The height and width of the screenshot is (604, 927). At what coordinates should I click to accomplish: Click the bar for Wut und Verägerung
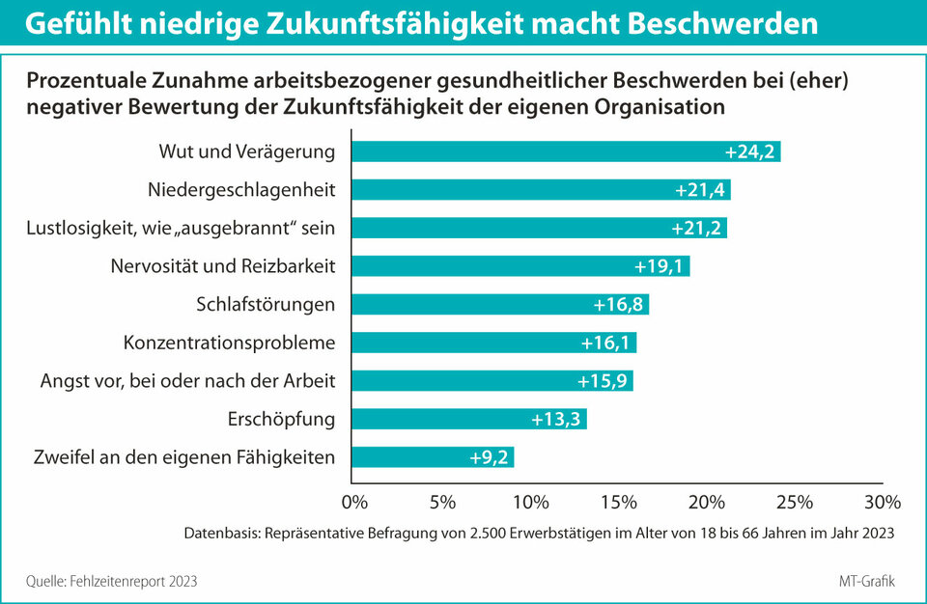point(565,151)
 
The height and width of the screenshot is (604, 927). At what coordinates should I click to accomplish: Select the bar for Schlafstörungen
point(499,304)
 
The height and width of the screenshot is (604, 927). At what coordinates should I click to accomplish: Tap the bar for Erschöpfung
point(468,419)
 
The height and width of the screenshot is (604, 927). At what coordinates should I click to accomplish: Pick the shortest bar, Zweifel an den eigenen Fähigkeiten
point(432,457)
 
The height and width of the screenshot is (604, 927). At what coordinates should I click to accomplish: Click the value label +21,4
point(700,190)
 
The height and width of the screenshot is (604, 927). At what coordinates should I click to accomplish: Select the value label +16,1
point(606,343)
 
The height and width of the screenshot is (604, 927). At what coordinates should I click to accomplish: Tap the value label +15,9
point(603,381)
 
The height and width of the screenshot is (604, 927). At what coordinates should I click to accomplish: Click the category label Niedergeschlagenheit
point(241,190)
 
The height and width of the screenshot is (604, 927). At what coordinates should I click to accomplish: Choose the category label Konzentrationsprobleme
point(230,343)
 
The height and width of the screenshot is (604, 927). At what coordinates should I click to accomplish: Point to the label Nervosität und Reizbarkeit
point(223,266)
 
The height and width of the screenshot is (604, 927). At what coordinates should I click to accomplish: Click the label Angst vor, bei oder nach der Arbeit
point(187,381)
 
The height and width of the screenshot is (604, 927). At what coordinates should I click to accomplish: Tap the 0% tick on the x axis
point(355,503)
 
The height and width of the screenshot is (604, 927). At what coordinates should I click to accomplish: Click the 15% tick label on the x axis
point(618,503)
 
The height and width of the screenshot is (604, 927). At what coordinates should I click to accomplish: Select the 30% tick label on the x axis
point(881,503)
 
